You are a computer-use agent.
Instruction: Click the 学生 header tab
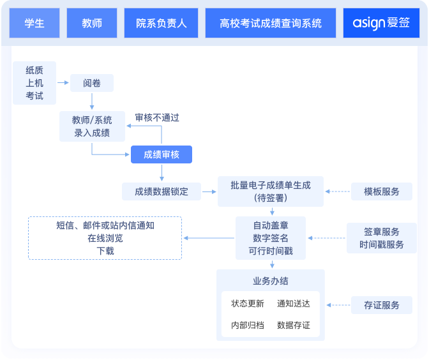coord(34,24)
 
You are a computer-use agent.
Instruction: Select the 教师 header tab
coord(92,24)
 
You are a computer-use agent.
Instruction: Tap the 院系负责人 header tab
coord(162,24)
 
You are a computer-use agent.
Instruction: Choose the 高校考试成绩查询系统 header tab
coord(271,24)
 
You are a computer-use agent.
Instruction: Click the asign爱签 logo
coord(382,24)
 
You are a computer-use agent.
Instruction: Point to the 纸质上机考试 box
coord(34,83)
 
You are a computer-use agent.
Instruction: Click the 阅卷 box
coord(92,83)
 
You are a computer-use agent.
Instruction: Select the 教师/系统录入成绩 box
coord(92,126)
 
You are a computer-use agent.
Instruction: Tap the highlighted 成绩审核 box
coord(162,154)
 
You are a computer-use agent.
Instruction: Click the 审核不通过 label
coord(157,117)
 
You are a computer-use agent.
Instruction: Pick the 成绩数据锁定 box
coord(162,191)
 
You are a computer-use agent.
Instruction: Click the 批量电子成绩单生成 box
coord(271,191)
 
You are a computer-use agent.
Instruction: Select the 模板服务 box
coord(382,191)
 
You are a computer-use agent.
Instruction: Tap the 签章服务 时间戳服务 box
coord(382,238)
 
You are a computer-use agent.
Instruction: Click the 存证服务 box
coord(382,305)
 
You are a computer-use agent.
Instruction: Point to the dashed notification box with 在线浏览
coord(105,238)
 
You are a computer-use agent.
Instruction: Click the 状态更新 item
coord(247,304)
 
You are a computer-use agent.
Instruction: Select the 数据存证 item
coord(294,325)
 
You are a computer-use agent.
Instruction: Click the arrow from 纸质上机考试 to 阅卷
coord(63,82)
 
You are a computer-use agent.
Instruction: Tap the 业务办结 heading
coord(271,281)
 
